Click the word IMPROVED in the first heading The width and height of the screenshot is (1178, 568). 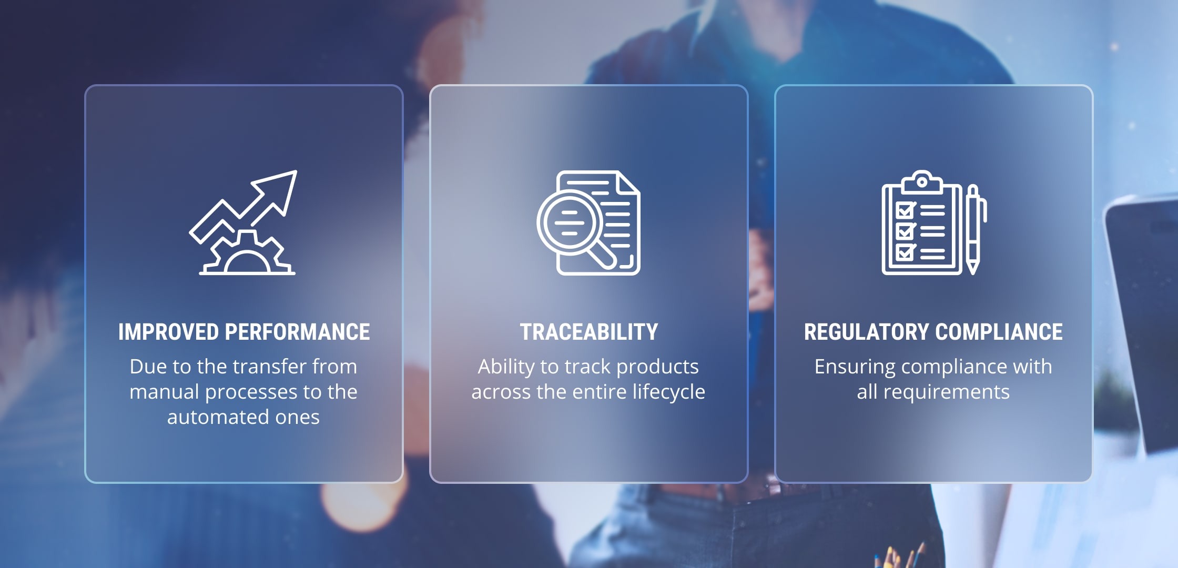(168, 332)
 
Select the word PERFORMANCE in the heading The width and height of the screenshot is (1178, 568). (298, 332)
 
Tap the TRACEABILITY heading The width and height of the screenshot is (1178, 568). (589, 332)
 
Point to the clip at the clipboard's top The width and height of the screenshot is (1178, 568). (922, 182)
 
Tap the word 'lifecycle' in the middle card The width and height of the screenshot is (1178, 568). (669, 392)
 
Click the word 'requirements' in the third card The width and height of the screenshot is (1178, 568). (946, 392)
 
